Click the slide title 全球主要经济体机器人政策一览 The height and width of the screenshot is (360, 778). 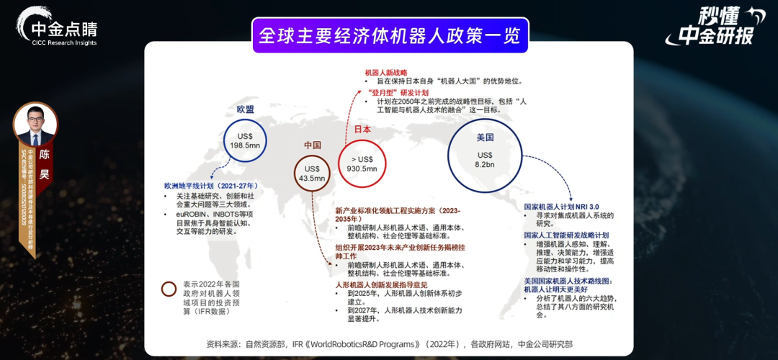point(390,35)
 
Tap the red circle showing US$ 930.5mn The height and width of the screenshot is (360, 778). point(362,163)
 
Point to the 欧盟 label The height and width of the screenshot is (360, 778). point(245,109)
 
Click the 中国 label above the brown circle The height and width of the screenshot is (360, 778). point(312,145)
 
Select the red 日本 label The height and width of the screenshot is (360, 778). point(362,130)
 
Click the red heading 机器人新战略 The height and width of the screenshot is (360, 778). point(386,73)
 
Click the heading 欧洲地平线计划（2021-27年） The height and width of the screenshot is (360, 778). point(210,186)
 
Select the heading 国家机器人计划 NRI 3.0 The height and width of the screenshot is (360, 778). point(561,206)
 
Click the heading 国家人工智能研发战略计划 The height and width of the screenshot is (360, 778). point(566,235)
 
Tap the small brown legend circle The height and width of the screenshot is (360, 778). point(169,289)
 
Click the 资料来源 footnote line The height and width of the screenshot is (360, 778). point(389,344)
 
